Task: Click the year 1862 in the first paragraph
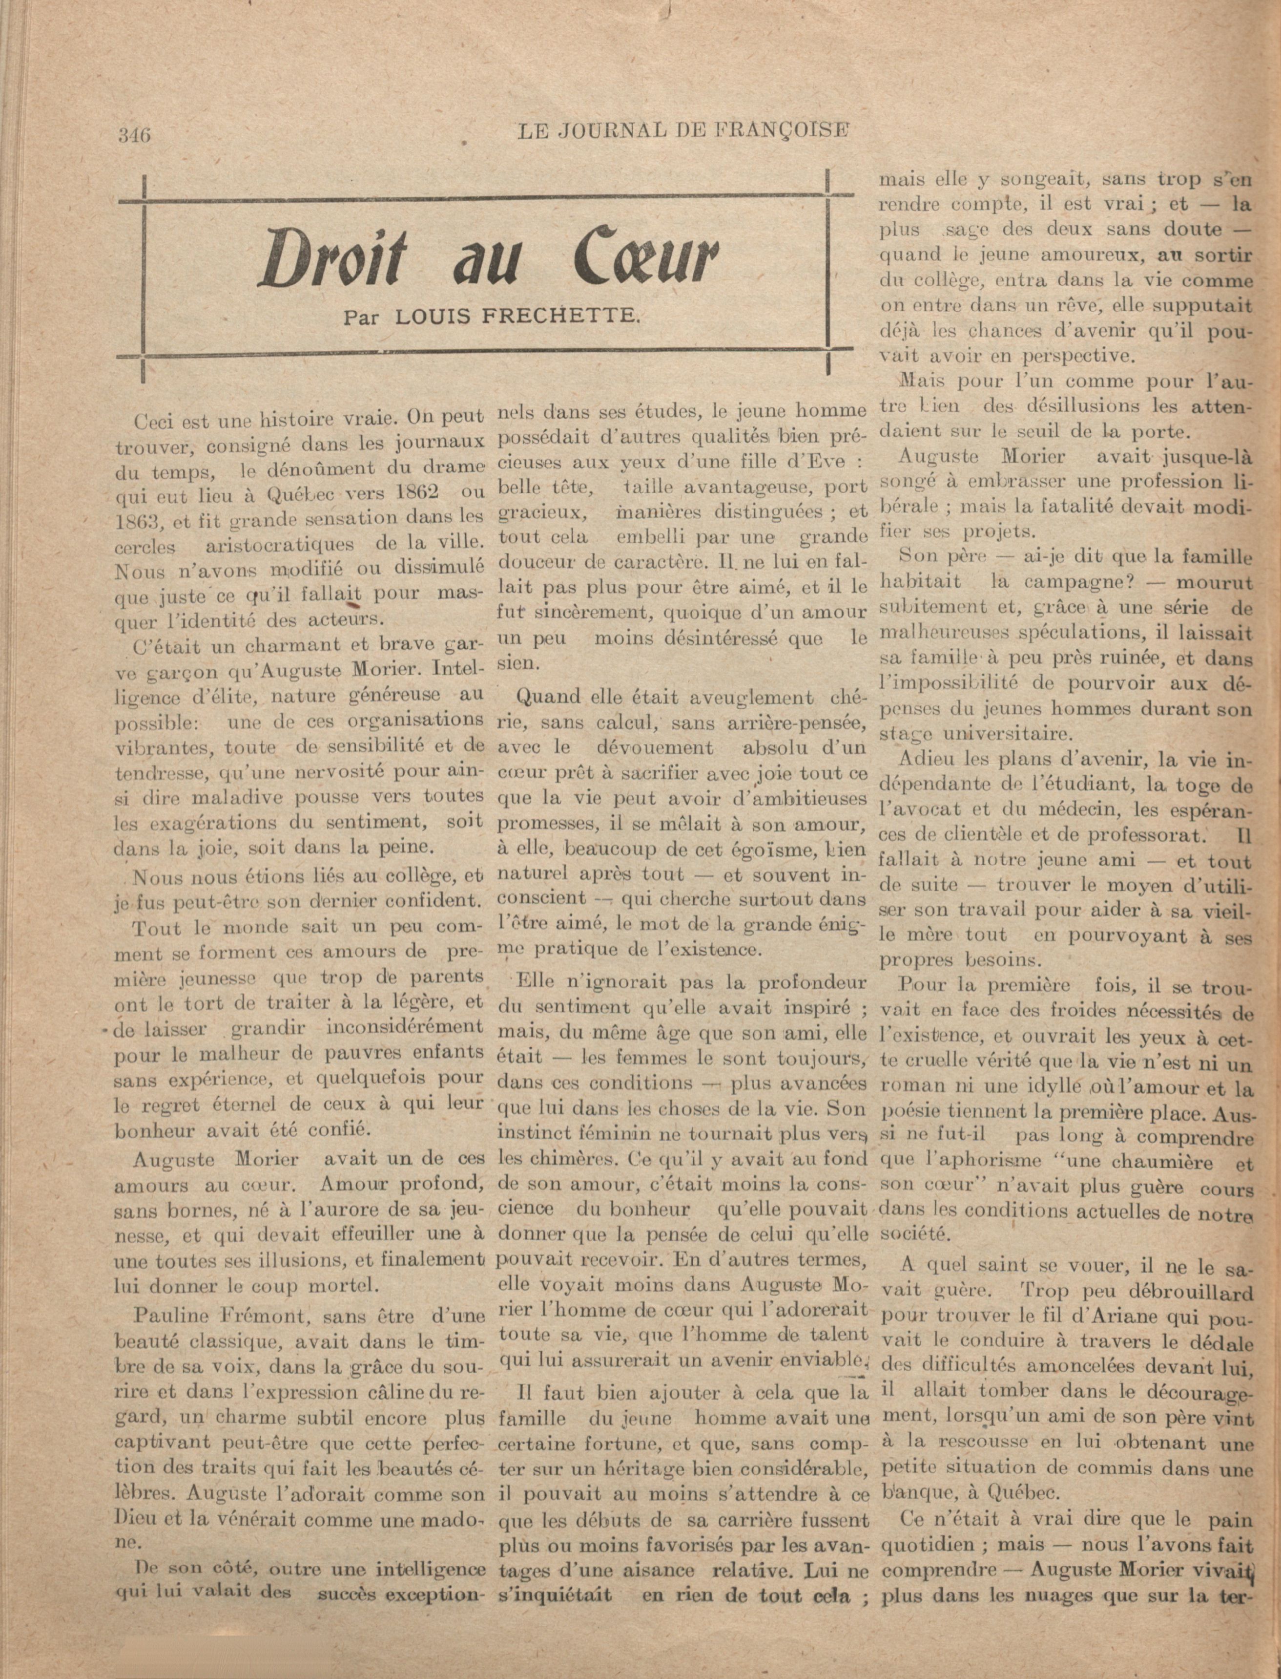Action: (x=406, y=492)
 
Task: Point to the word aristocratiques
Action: (x=280, y=544)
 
